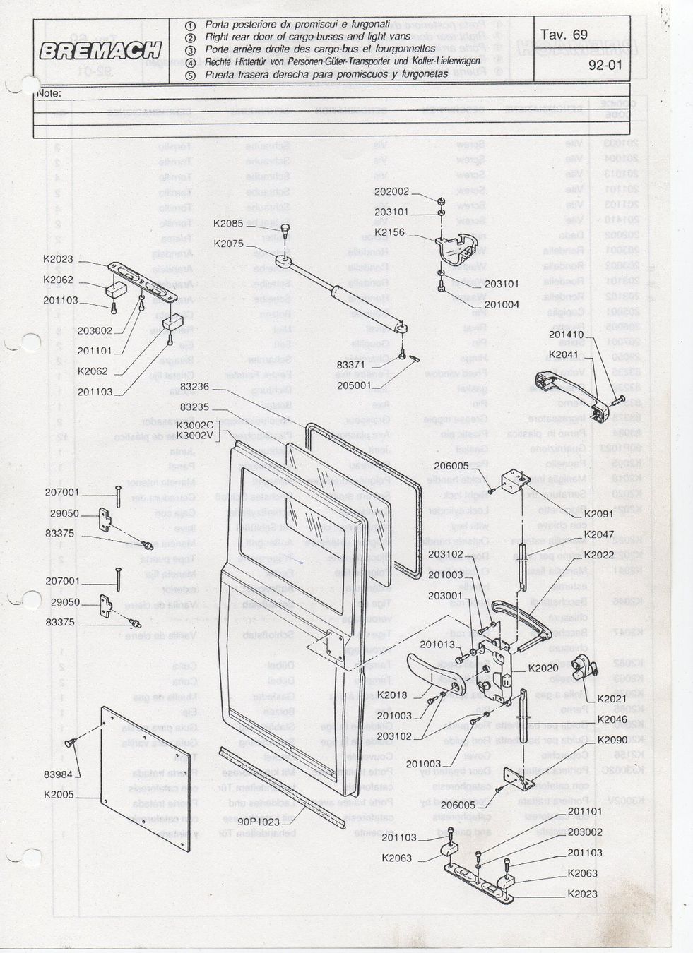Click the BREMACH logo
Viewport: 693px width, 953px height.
coord(101,51)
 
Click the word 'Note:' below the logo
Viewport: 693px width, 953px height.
coord(49,93)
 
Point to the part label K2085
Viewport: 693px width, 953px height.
coord(228,224)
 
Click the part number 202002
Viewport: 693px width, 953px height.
coord(391,191)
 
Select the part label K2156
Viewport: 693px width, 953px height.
coord(389,232)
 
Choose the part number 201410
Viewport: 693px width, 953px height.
coord(566,335)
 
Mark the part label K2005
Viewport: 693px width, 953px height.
coord(59,794)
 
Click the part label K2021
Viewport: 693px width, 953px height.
coord(612,699)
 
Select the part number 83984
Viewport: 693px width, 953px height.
coord(59,774)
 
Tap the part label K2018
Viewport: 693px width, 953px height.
coord(392,695)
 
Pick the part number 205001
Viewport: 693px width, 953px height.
coord(354,385)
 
